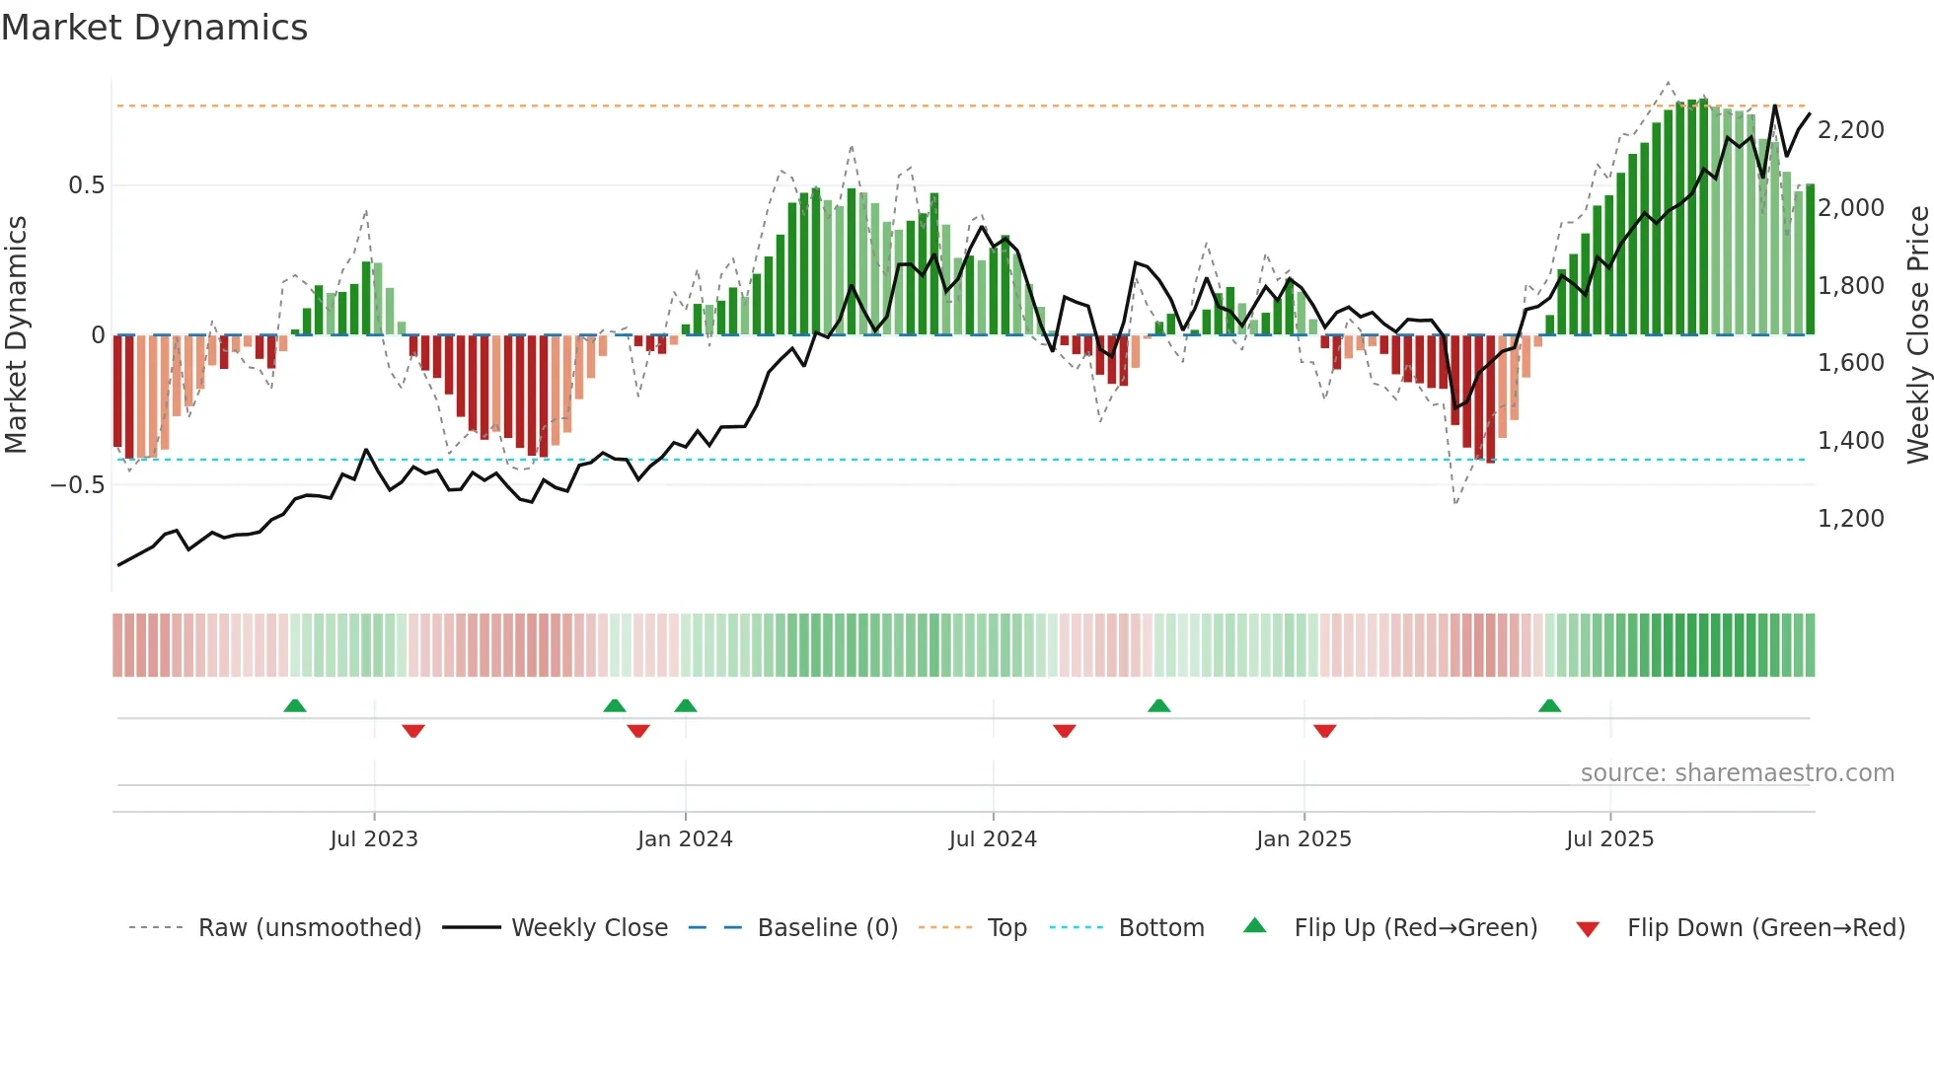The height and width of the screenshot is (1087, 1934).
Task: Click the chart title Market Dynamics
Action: (154, 28)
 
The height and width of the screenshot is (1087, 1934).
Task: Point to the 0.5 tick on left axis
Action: (86, 185)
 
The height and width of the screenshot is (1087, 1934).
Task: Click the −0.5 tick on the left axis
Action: (78, 484)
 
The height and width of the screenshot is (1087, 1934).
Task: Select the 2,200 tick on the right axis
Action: (1850, 130)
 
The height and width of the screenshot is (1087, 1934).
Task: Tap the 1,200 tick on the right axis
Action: (1850, 519)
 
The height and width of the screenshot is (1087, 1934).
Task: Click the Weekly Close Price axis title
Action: (1917, 334)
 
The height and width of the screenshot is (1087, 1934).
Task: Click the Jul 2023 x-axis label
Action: (374, 839)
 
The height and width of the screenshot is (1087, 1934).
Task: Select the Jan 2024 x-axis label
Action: (685, 839)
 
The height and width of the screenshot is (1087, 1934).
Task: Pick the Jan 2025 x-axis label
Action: (1303, 839)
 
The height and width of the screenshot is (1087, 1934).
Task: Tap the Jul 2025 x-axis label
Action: (1609, 839)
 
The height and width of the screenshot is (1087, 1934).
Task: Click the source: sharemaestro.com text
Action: (1737, 773)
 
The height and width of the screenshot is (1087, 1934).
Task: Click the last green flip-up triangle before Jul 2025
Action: (1549, 706)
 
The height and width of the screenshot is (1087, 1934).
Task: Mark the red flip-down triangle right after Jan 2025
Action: (1324, 730)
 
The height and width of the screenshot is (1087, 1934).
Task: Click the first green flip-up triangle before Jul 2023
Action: (294, 706)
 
